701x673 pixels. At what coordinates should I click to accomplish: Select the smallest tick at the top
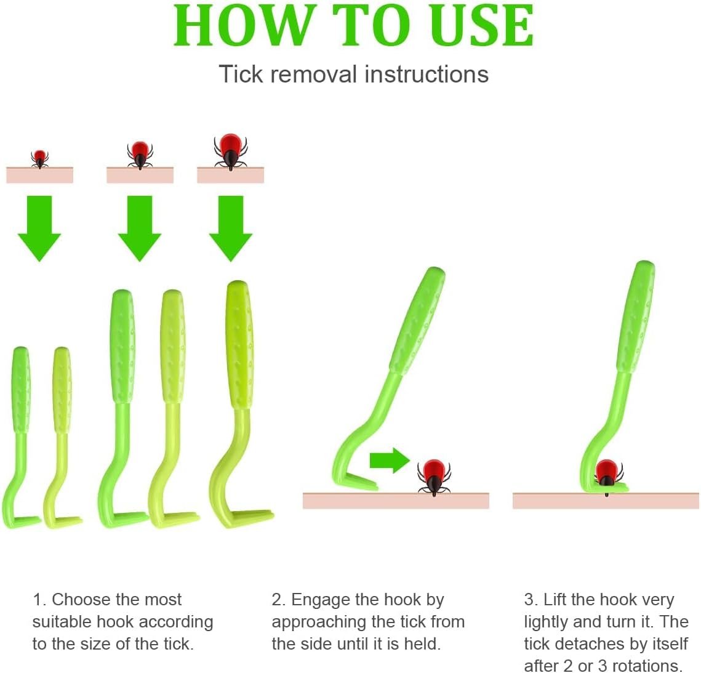(39, 158)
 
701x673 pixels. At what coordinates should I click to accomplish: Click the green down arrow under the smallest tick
(39, 227)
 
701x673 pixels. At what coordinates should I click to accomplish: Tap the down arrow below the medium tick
(140, 227)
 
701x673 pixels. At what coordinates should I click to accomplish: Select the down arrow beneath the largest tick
(230, 227)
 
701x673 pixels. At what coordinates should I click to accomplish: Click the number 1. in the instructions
(39, 600)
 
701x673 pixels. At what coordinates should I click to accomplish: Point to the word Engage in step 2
(318, 600)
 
